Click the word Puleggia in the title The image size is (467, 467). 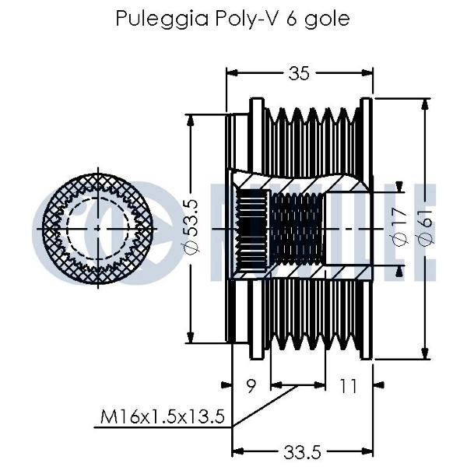click(x=162, y=19)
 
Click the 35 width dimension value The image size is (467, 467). click(x=299, y=73)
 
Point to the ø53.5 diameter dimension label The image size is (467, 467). click(x=191, y=226)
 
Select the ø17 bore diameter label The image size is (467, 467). click(x=399, y=227)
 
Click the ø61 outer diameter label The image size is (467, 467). click(x=425, y=227)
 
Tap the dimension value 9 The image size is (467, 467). click(x=251, y=386)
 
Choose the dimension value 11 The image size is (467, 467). click(x=348, y=386)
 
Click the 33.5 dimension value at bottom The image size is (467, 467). click(x=302, y=452)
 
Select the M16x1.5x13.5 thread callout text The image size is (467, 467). click(x=163, y=416)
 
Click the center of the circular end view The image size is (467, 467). click(x=98, y=229)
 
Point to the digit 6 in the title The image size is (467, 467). click(x=291, y=18)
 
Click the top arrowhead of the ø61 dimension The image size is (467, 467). click(x=426, y=103)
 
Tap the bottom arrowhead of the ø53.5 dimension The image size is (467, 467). click(x=191, y=338)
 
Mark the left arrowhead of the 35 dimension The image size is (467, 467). click(x=232, y=72)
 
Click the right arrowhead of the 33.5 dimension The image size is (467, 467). click(x=367, y=451)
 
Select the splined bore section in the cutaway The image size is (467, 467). click(x=251, y=229)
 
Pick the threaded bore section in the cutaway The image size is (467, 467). click(x=297, y=229)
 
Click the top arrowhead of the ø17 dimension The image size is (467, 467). click(x=399, y=187)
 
